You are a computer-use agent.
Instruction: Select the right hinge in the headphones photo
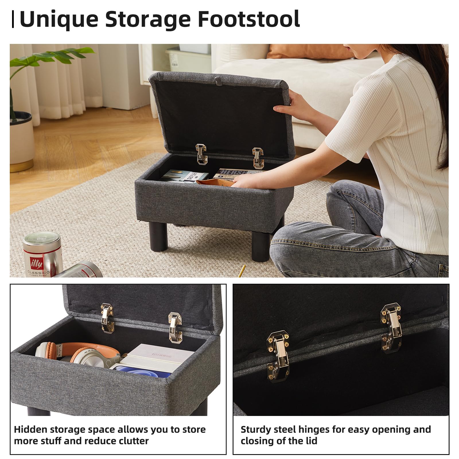pyautogui.click(x=175, y=327)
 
